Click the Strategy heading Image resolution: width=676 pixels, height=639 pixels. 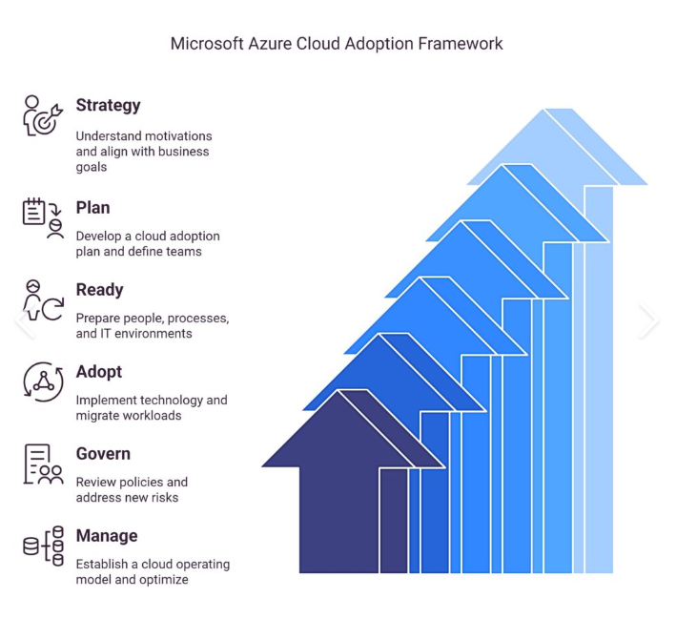click(108, 106)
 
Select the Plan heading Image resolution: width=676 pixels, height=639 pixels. click(92, 208)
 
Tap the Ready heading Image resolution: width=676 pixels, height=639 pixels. click(99, 290)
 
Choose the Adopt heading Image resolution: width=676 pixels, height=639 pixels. click(98, 372)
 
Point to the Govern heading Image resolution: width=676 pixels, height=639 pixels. click(102, 454)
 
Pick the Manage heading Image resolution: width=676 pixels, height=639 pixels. click(106, 536)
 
